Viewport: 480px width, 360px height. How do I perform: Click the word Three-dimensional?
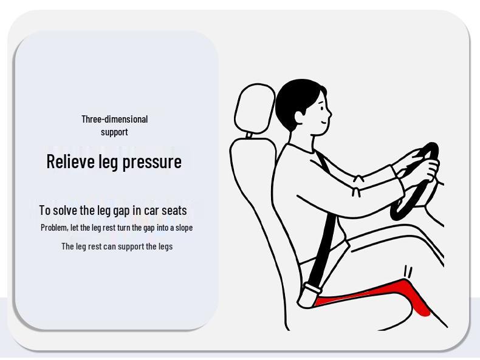pos(114,119)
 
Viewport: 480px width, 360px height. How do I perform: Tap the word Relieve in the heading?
pos(71,161)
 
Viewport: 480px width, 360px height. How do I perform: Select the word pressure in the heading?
pos(152,162)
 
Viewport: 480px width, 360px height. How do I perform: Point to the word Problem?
pos(54,228)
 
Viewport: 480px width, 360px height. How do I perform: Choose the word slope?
pos(184,228)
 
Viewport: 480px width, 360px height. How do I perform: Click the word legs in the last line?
pos(165,246)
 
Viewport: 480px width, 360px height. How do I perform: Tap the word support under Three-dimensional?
pos(114,132)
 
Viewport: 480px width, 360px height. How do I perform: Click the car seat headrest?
pos(255,109)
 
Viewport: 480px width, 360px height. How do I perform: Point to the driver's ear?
pos(298,117)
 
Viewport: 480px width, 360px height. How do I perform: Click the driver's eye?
pos(321,108)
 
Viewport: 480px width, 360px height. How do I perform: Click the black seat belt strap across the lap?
pos(322,248)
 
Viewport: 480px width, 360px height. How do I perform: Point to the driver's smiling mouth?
pos(324,123)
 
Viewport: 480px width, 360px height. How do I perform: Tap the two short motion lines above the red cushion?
pos(408,271)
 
